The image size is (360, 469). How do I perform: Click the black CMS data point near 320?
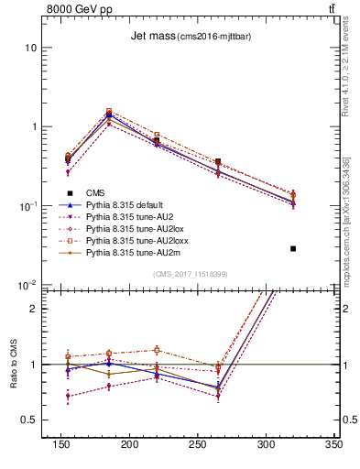point(293,248)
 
